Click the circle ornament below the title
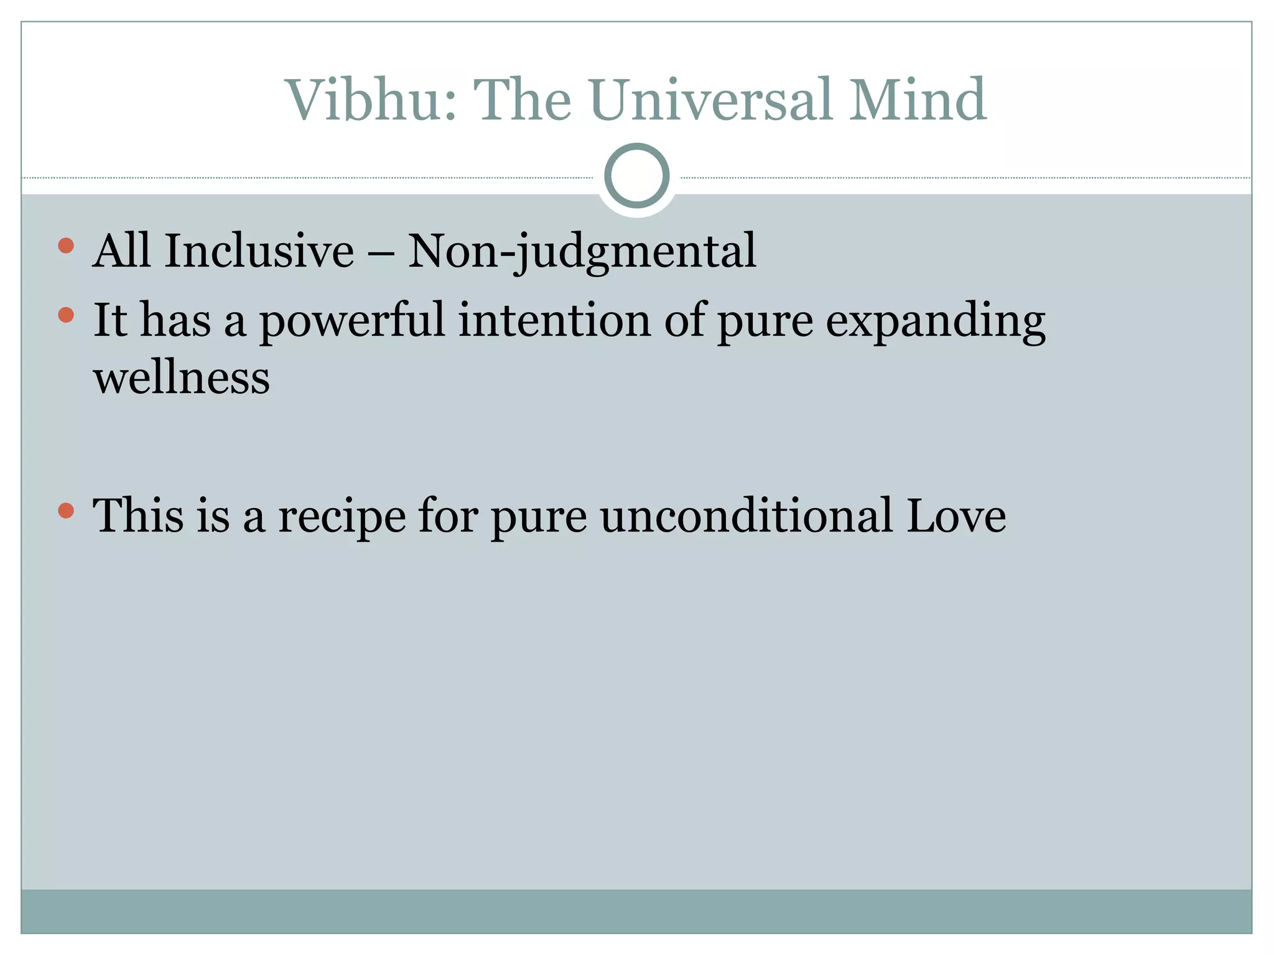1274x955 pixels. (636, 176)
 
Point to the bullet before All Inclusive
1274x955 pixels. (66, 246)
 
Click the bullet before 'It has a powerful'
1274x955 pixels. (66, 315)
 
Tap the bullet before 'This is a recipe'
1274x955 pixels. (66, 511)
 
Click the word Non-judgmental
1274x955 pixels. (582, 252)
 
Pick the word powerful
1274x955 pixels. (352, 321)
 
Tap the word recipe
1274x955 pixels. (342, 517)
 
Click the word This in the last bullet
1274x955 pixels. (138, 515)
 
